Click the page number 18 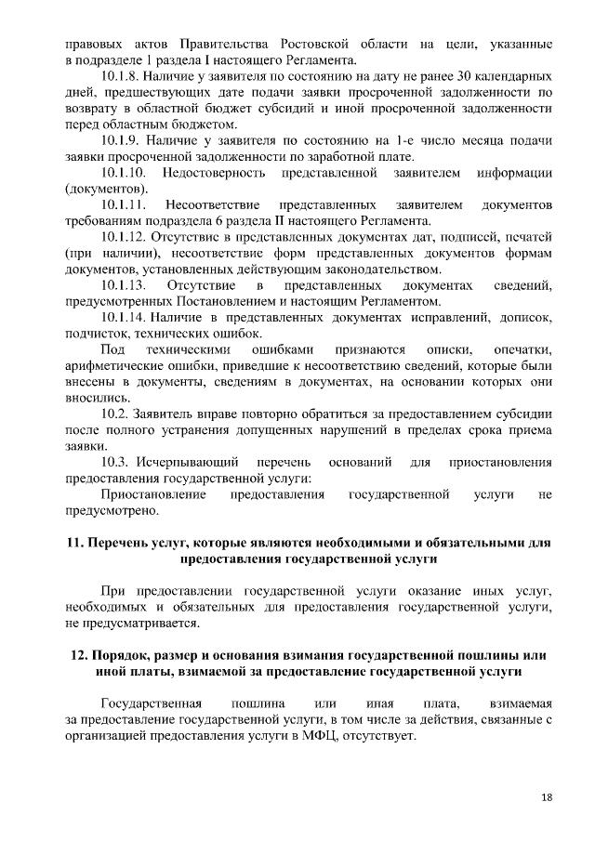[x=546, y=797]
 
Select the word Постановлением [x=210, y=301]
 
